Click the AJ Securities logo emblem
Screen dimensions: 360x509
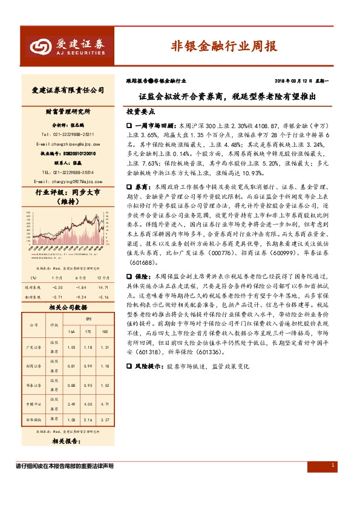pos(41,47)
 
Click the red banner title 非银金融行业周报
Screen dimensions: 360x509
pos(224,46)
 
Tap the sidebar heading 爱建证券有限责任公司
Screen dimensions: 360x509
pos(68,89)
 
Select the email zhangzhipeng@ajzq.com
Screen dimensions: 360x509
pos(68,144)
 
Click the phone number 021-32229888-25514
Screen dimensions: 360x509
pos(68,172)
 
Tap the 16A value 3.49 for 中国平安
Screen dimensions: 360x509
pos(71,404)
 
